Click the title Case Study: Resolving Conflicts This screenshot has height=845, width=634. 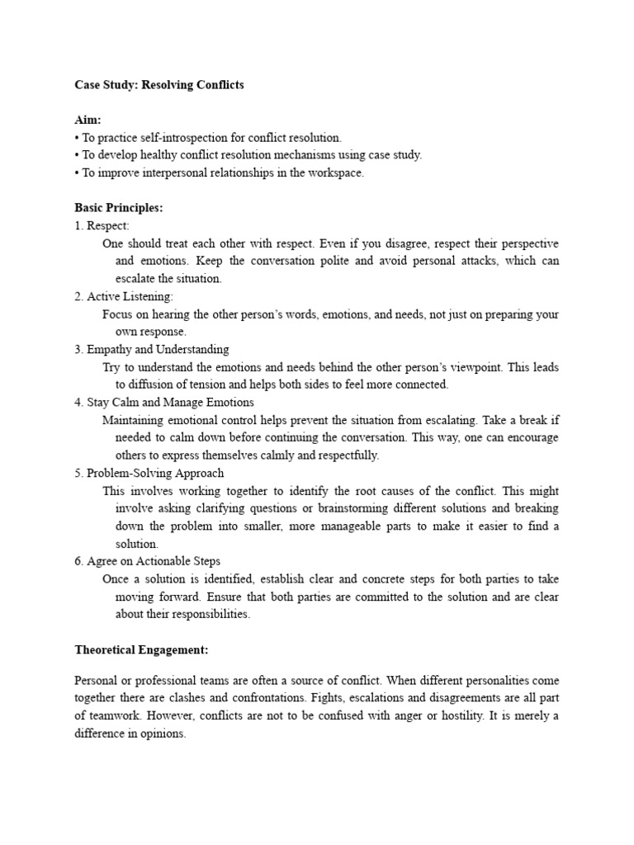(x=159, y=85)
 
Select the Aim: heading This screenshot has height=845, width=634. (x=88, y=120)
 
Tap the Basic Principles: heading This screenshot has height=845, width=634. (x=119, y=208)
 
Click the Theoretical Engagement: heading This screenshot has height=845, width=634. (x=141, y=650)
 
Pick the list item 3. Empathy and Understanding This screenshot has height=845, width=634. (x=152, y=349)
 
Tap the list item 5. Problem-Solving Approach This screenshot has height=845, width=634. (x=149, y=473)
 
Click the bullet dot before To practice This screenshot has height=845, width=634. (x=77, y=138)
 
